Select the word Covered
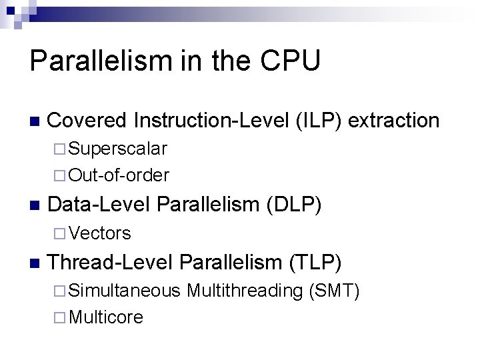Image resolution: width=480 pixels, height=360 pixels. (87, 120)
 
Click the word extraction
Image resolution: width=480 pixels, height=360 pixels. (394, 120)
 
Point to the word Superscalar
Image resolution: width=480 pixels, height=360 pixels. (118, 147)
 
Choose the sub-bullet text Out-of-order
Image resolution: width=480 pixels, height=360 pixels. (119, 175)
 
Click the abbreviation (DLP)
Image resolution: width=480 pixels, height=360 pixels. (294, 205)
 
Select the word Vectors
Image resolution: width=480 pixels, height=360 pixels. (100, 233)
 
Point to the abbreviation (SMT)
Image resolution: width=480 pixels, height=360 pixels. (335, 291)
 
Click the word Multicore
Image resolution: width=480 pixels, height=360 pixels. (106, 317)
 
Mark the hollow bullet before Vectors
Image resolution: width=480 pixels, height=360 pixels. (61, 233)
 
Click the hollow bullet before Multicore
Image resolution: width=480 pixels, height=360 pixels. (61, 318)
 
